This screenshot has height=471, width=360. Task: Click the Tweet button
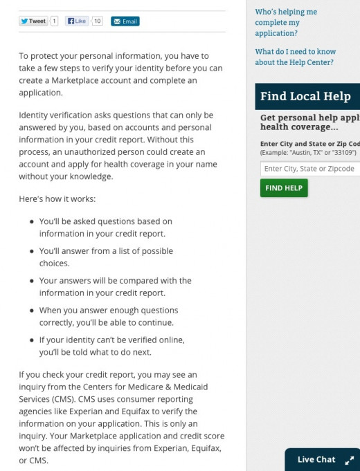33,21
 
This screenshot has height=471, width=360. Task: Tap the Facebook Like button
78,21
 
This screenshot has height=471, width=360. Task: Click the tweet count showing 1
54,21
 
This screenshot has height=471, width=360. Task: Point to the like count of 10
98,21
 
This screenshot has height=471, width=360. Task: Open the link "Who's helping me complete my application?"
285,22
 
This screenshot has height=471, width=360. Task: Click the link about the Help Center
295,57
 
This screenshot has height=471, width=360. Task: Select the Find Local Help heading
305,96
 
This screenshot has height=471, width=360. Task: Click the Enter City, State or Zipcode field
309,169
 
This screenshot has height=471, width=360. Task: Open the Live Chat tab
316,459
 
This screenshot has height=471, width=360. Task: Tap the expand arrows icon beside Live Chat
349,460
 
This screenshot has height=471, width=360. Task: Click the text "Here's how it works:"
57,198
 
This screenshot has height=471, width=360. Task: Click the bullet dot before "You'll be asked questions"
32,222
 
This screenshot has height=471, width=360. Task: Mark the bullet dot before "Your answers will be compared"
32,281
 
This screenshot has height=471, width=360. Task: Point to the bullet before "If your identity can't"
32,341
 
